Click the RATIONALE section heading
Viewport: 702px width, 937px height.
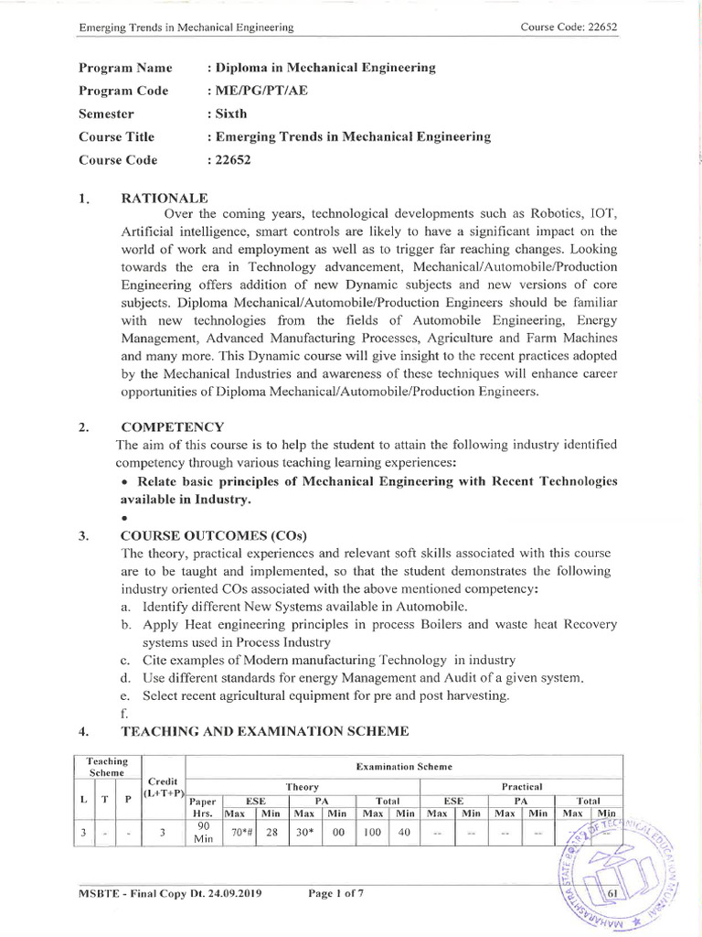(165, 197)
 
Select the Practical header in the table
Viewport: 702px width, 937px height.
(521, 786)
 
